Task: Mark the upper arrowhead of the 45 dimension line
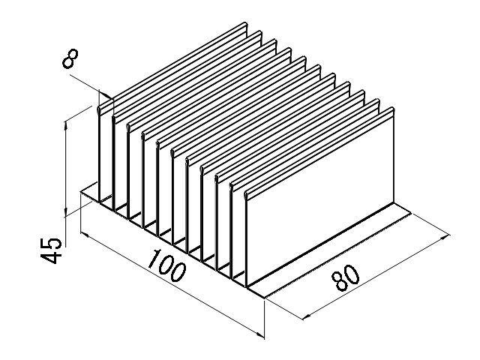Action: (x=67, y=120)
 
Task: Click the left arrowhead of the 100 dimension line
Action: (x=82, y=235)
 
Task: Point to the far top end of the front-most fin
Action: (x=391, y=111)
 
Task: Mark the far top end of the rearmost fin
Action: (x=244, y=28)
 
